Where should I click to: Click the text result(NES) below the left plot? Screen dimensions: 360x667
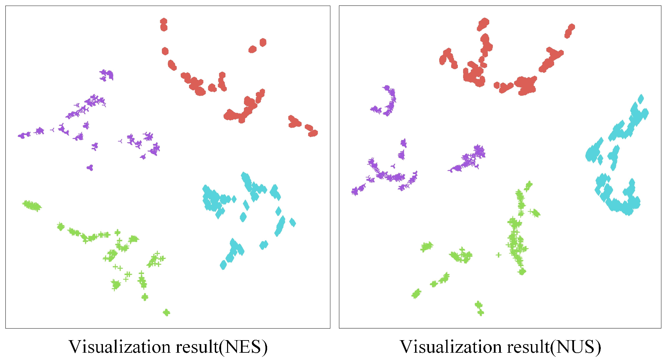pyautogui.click(x=221, y=347)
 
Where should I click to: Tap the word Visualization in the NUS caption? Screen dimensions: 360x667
pyautogui.click(x=452, y=347)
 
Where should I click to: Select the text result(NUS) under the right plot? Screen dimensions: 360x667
pyautogui.click(x=553, y=347)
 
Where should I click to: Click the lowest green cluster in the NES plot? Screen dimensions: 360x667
pyautogui.click(x=167, y=312)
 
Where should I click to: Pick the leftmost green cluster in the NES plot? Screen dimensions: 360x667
pyautogui.click(x=32, y=206)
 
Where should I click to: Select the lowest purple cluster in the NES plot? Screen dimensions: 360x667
pyautogui.click(x=90, y=167)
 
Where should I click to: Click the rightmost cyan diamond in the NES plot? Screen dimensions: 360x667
pyautogui.click(x=293, y=222)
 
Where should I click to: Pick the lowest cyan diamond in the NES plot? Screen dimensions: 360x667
pyautogui.click(x=223, y=265)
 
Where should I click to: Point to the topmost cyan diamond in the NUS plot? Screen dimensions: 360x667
pyautogui.click(x=641, y=99)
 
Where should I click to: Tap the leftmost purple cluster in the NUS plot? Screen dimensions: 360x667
pyautogui.click(x=355, y=191)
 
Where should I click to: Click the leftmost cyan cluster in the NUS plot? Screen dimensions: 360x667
pyautogui.click(x=591, y=154)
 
